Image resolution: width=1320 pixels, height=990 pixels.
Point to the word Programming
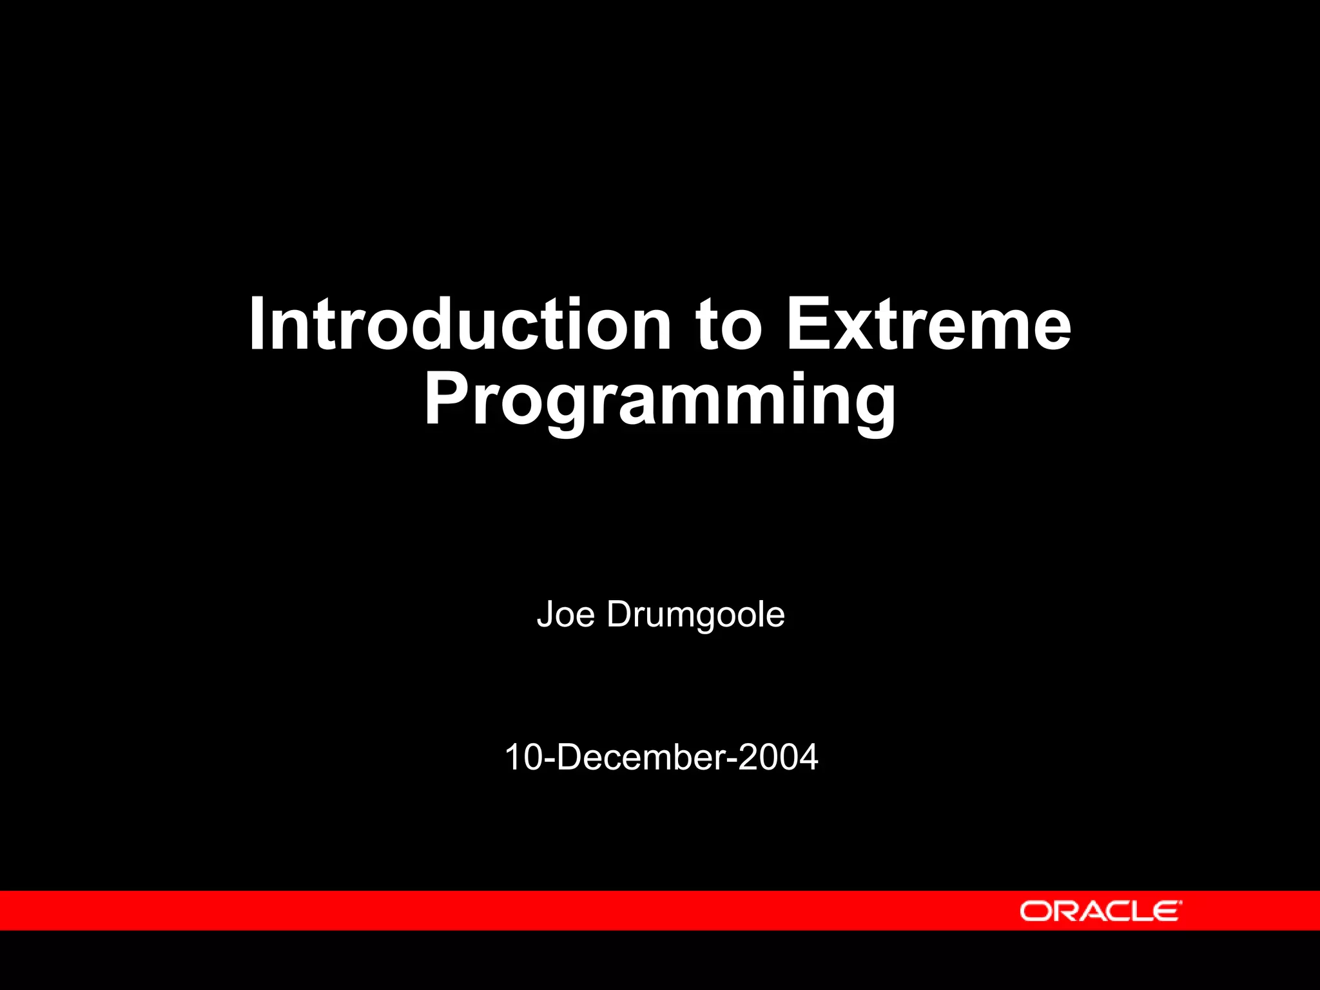[x=659, y=401]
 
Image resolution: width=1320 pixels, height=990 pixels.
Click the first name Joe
[x=565, y=614]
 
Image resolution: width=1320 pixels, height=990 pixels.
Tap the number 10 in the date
[x=522, y=757]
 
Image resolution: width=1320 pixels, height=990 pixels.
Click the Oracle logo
[x=1100, y=911]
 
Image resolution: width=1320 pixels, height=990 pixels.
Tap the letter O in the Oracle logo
[x=1035, y=911]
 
